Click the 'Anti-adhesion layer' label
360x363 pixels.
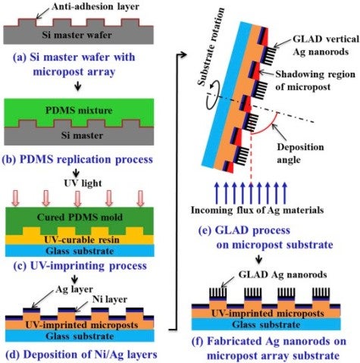95,7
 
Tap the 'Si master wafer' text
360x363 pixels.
77,35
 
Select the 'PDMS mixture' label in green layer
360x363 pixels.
79,111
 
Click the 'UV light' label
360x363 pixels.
83,183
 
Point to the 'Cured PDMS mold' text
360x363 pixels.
80,217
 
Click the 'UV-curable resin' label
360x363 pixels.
82,239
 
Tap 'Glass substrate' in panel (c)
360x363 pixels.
80,251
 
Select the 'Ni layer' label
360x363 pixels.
110,299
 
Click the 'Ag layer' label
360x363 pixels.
74,289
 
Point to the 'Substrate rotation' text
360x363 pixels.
211,47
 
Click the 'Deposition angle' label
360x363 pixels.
300,153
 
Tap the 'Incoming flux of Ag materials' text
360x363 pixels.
257,210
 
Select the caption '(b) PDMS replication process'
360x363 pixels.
77,159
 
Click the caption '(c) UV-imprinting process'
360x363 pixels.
80,266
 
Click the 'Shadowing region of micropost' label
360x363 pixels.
315,80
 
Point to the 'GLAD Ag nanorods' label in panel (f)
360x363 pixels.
283,274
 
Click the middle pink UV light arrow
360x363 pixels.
77,198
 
